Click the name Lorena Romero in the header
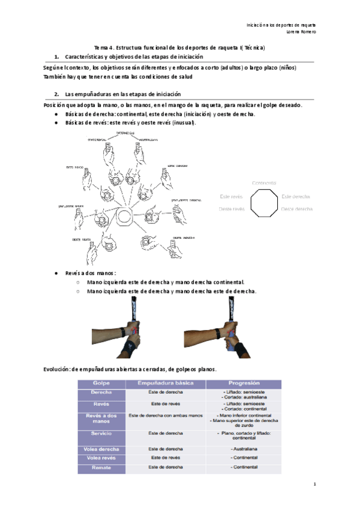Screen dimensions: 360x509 click(x=302, y=32)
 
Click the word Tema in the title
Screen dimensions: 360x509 click(x=101, y=47)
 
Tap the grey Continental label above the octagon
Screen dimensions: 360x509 click(x=264, y=182)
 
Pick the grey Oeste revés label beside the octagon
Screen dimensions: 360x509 click(x=231, y=209)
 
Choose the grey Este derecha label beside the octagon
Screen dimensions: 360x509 click(x=295, y=196)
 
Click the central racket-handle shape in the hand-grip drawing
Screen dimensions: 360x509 click(x=125, y=214)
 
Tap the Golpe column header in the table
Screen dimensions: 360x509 click(x=100, y=383)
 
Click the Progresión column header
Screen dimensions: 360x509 click(x=244, y=383)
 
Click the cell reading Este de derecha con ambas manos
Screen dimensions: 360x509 click(x=166, y=415)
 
